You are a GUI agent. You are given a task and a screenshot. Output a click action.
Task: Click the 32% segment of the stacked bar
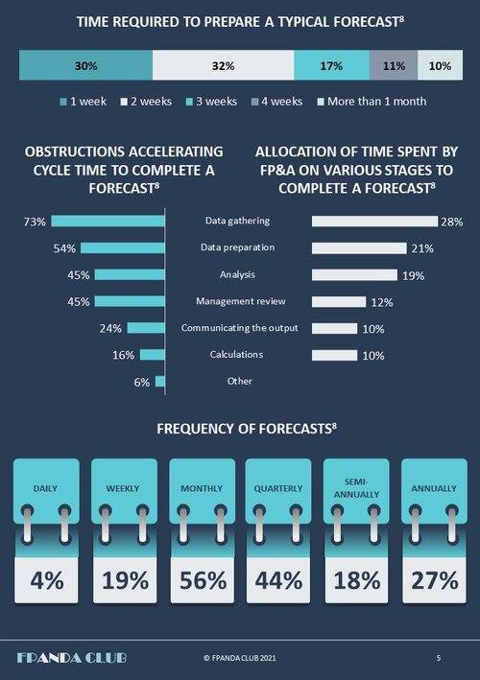(x=223, y=65)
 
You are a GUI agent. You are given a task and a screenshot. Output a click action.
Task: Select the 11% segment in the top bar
(x=394, y=65)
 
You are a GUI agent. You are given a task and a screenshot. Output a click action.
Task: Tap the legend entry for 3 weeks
(x=211, y=102)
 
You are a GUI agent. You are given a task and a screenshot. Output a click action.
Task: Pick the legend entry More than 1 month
(x=372, y=102)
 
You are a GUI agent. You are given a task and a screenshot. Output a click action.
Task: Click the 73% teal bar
(x=108, y=222)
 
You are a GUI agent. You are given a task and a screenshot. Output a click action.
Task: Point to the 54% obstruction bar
(x=123, y=248)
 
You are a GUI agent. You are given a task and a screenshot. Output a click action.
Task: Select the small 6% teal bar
(x=160, y=382)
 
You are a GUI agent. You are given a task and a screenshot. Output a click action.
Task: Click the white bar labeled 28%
(x=374, y=222)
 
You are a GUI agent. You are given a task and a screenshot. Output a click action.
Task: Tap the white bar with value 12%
(x=339, y=302)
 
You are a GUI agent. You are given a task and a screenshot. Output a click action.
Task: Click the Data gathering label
(x=237, y=221)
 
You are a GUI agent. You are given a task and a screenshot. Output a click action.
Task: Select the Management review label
(x=241, y=301)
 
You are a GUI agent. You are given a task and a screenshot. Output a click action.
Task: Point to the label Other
(x=240, y=381)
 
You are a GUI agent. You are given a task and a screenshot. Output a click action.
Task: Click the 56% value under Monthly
(x=203, y=580)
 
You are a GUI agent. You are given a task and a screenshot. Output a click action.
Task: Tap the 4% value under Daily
(x=47, y=580)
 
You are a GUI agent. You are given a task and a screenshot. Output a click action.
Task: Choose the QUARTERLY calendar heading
(x=278, y=488)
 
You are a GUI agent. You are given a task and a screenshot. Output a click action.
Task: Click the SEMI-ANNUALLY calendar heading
(x=356, y=488)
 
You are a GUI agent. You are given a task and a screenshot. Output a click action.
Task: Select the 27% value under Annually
(x=435, y=580)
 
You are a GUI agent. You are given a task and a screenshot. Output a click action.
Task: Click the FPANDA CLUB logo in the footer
(x=72, y=658)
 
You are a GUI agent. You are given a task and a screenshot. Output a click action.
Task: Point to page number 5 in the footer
(x=439, y=658)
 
